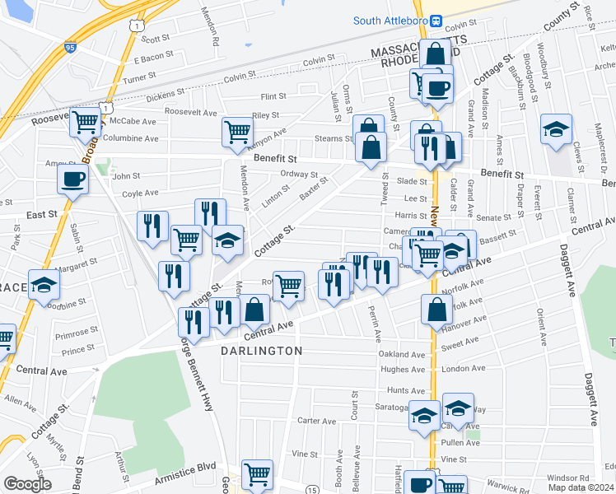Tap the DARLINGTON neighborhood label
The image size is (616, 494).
262,351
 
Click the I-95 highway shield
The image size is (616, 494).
70,49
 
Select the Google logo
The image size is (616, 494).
27,484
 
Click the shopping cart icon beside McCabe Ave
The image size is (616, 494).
85,123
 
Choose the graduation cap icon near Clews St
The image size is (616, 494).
557,129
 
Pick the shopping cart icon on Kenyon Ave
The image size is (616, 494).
237,131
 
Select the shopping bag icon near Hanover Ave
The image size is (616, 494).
436,310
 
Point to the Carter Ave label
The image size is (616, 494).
317,421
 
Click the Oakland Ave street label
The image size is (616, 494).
401,355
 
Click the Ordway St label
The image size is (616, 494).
299,175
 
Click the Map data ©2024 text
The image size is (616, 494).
581,487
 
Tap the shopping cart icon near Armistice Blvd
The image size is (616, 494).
258,474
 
